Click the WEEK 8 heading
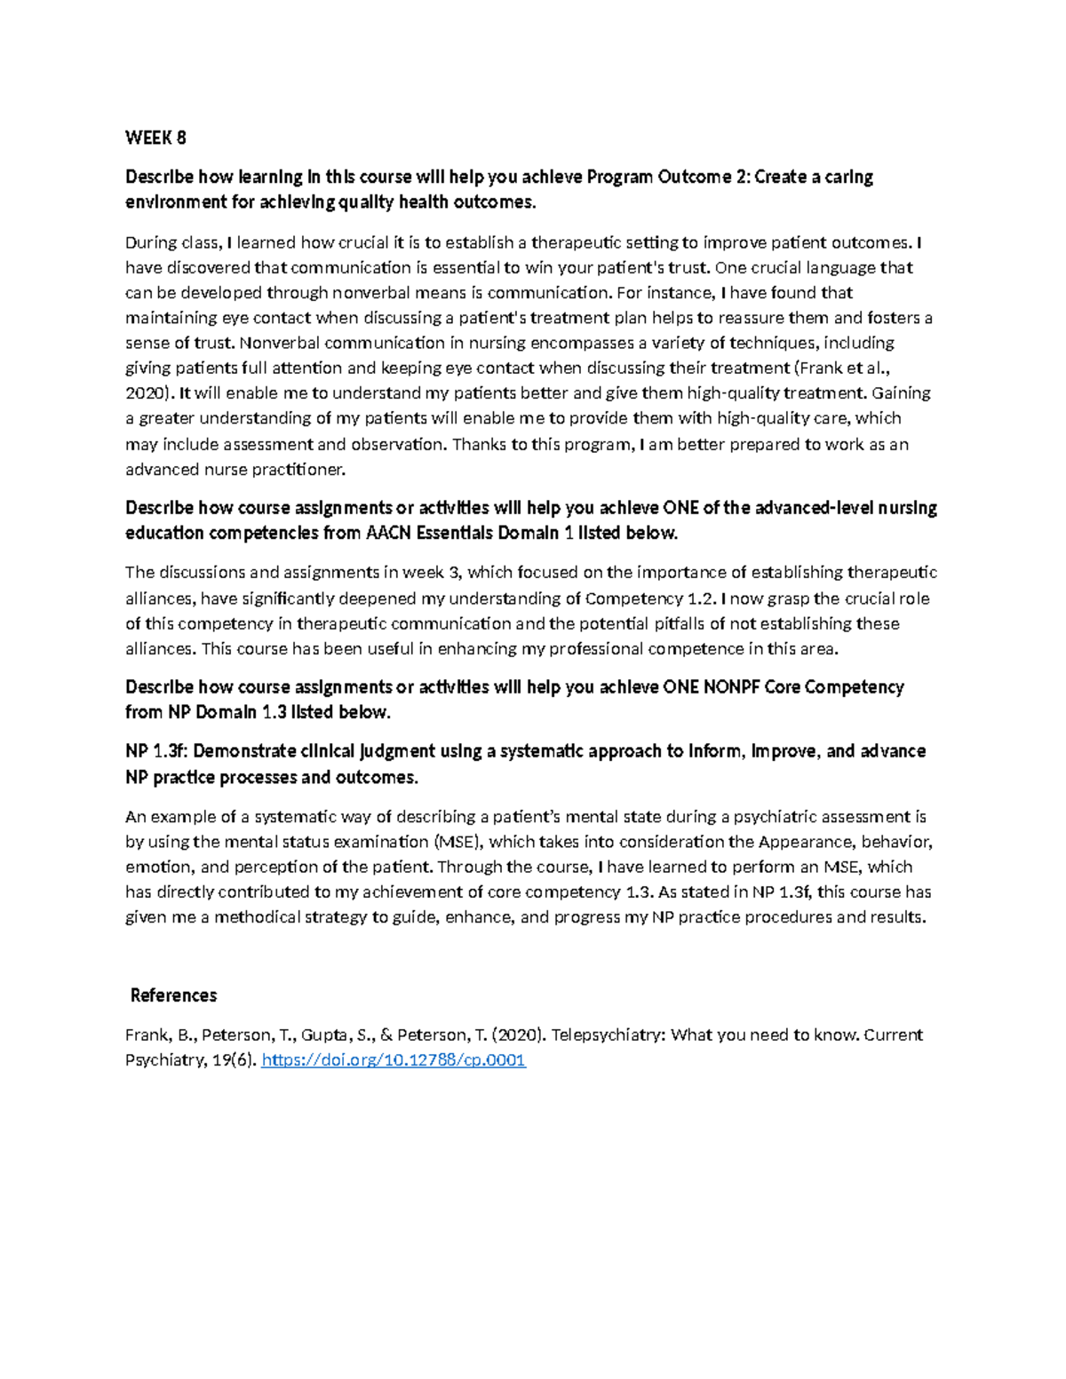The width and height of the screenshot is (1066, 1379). tap(155, 138)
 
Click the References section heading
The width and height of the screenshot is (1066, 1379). tap(173, 995)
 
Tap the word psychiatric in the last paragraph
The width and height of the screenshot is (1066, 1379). tap(788, 817)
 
